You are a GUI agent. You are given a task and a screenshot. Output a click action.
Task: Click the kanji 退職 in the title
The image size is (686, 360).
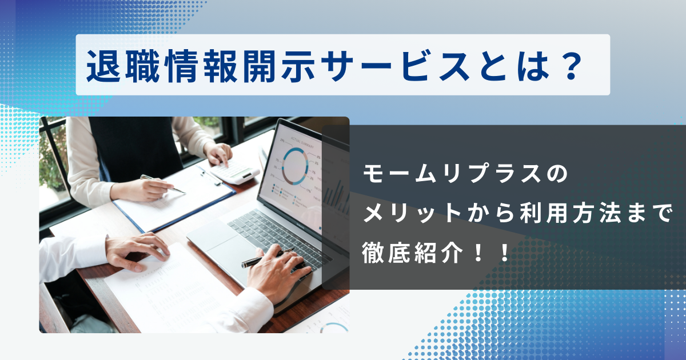click(x=123, y=66)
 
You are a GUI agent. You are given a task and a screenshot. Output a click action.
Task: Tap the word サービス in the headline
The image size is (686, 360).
click(x=396, y=66)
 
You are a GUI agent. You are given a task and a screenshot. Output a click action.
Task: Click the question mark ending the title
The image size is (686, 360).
click(x=571, y=66)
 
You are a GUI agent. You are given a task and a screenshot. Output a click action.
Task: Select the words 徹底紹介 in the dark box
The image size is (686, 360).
click(x=412, y=253)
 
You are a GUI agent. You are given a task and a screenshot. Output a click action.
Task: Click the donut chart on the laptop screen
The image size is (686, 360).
click(x=295, y=166)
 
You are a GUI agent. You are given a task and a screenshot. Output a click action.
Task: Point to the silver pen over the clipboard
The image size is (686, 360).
click(x=163, y=184)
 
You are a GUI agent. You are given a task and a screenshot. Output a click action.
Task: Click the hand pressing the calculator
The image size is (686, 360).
click(x=218, y=154)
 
